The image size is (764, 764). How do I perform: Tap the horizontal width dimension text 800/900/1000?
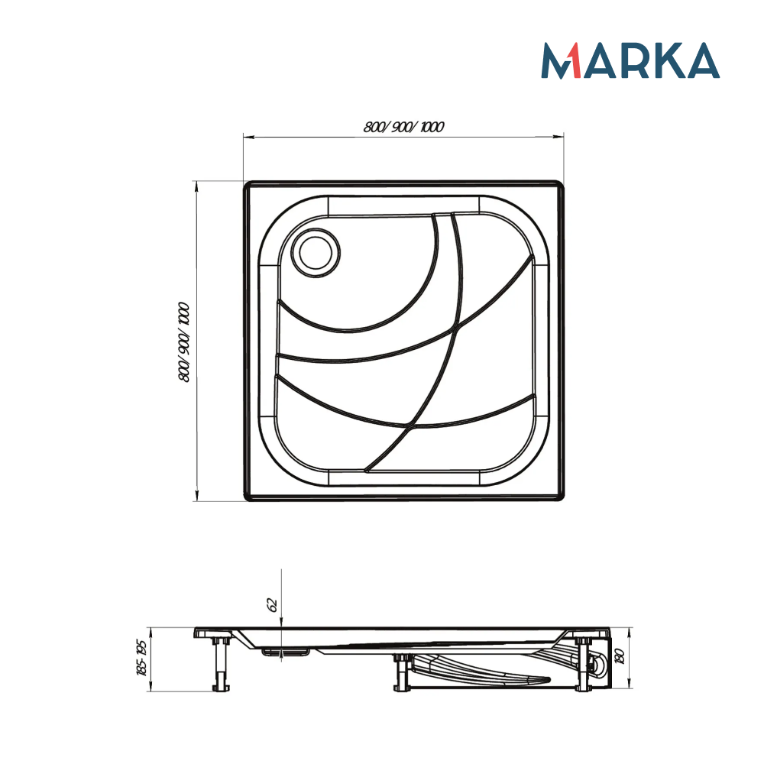(x=404, y=127)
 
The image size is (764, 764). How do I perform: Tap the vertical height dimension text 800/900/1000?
(x=183, y=342)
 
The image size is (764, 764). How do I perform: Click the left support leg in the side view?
(x=221, y=663)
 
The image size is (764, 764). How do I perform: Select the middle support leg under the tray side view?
(x=400, y=672)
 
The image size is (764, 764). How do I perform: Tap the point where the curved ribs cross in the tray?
(x=456, y=329)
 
